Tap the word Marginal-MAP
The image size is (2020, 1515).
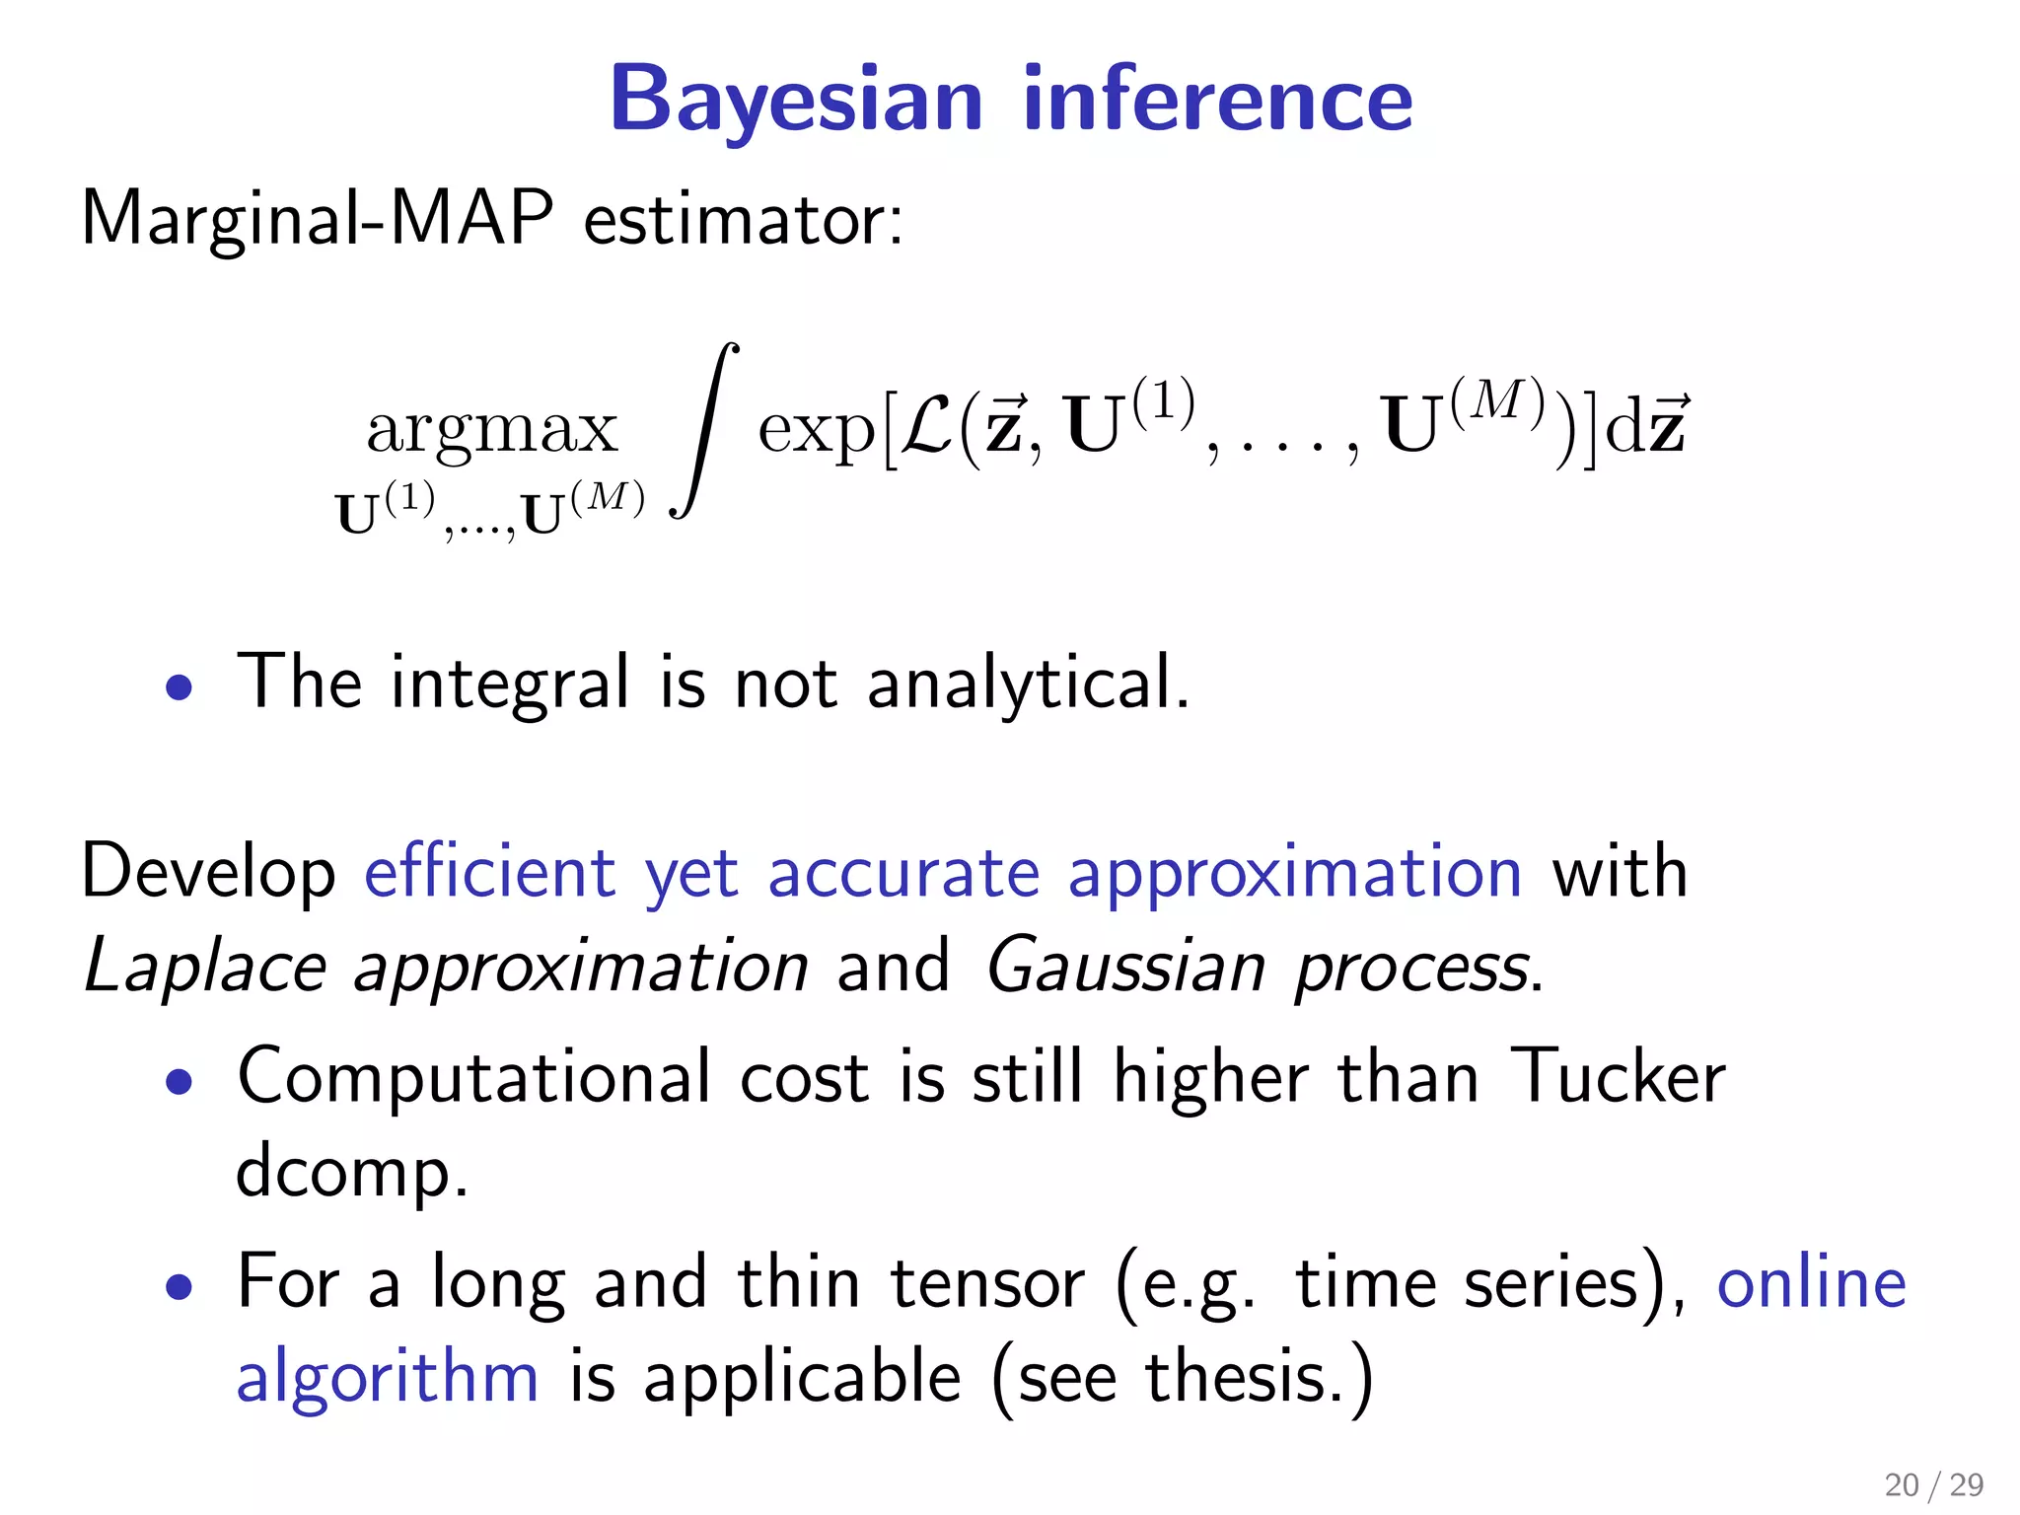[318, 218]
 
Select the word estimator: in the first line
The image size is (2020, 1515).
[743, 220]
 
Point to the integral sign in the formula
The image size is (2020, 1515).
[704, 430]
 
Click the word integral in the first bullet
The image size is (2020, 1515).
[509, 683]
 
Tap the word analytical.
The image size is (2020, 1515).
[1027, 683]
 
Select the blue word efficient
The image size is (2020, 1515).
[490, 873]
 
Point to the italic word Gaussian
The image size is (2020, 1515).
[1125, 967]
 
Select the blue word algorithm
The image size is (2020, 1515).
[388, 1376]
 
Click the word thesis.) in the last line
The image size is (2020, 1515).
[1259, 1377]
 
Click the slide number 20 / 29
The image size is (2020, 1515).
[1933, 1484]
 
